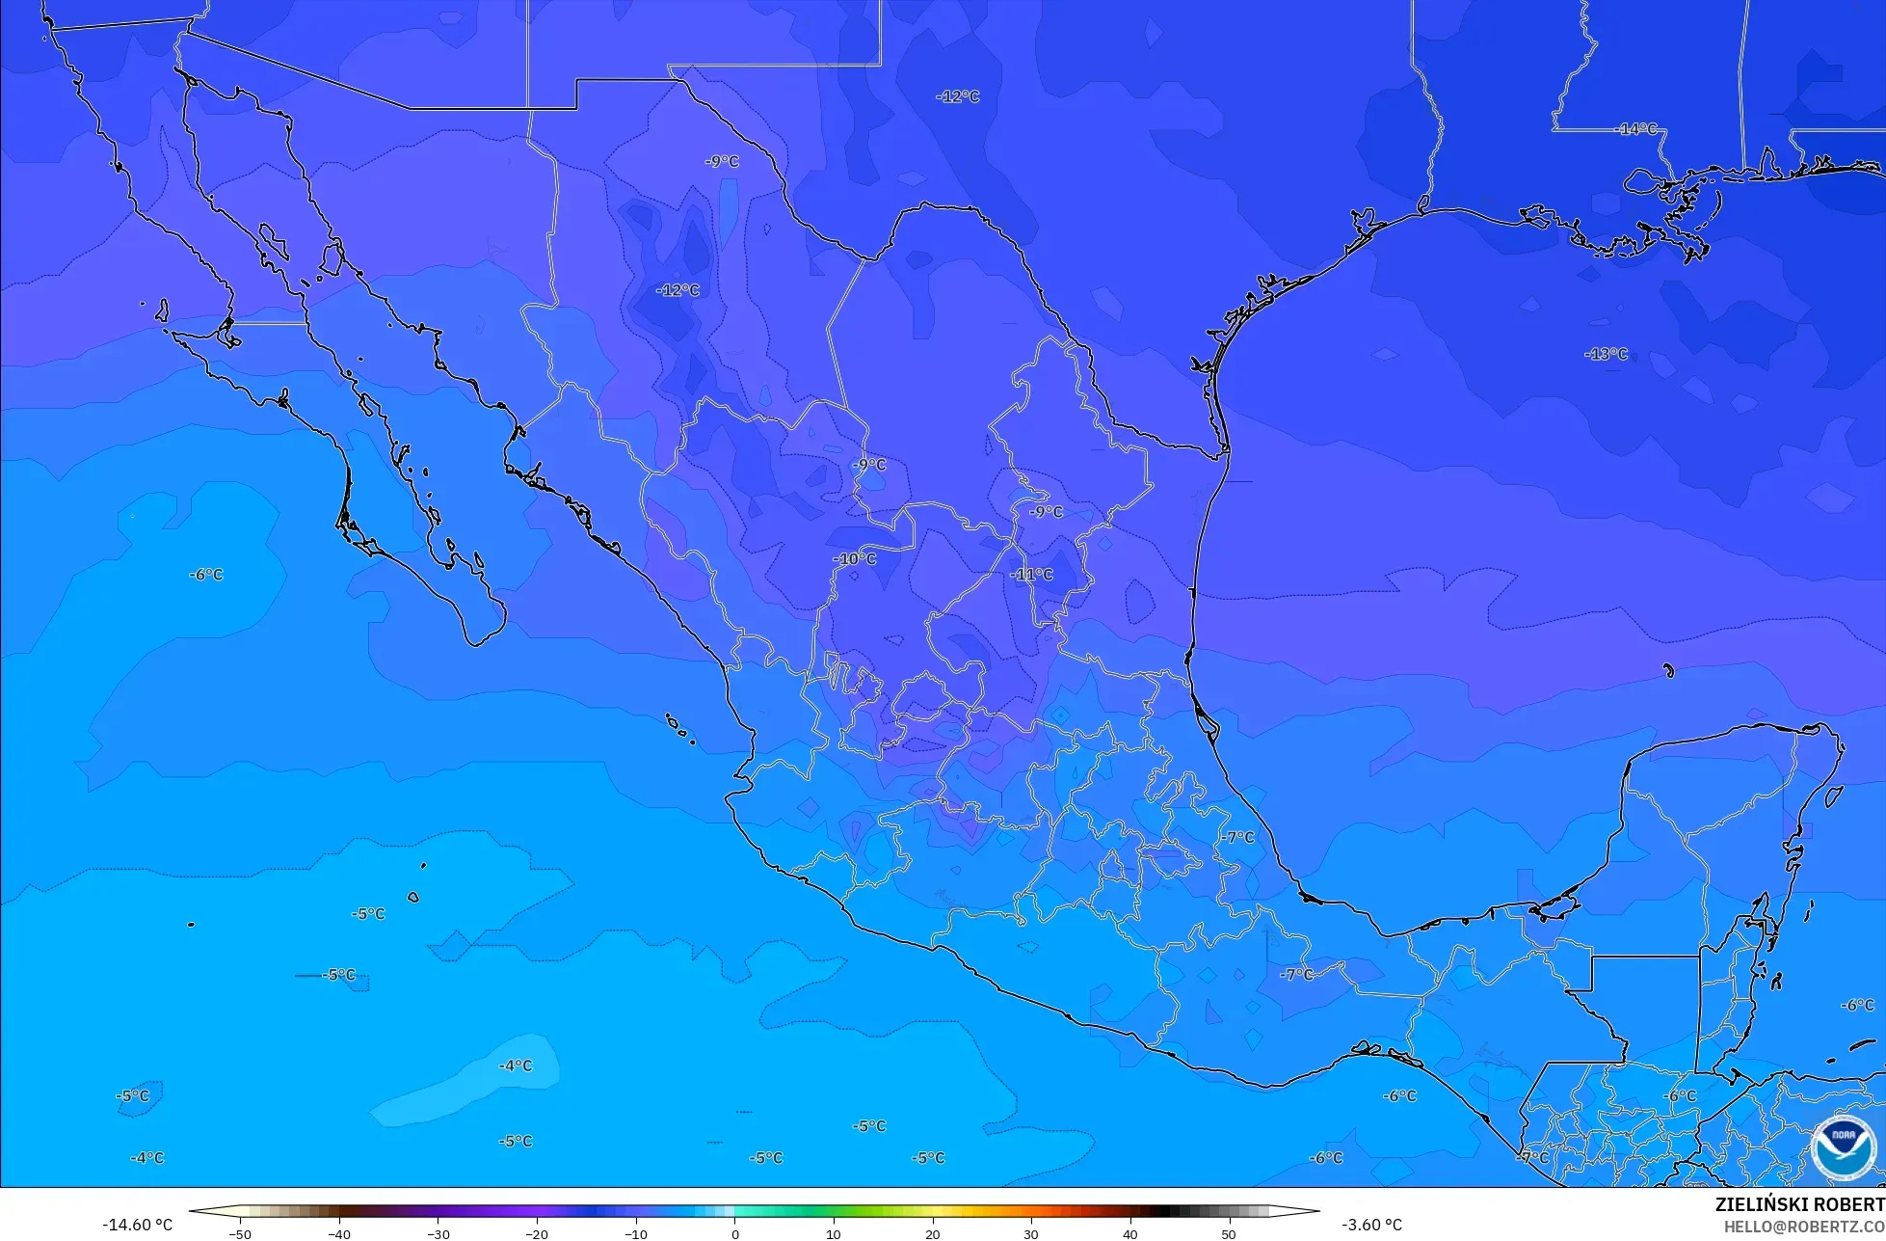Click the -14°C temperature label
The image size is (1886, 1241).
(1636, 129)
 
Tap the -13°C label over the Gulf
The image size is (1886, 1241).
(1606, 354)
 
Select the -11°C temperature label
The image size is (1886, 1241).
(1032, 575)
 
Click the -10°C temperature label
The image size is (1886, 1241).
(855, 559)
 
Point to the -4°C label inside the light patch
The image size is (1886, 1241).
(516, 1066)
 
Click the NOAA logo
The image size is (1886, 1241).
(1843, 1147)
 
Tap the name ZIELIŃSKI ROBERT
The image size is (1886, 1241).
(1799, 1204)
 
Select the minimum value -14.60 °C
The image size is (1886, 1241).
(138, 1225)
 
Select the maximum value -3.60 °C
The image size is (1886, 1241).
(1371, 1225)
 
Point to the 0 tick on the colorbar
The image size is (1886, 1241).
(734, 1234)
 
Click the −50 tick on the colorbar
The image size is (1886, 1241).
(240, 1234)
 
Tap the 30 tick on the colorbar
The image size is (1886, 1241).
(1031, 1234)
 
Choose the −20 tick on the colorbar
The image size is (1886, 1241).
(537, 1234)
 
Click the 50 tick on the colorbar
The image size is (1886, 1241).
(1229, 1234)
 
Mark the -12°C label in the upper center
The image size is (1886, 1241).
(958, 96)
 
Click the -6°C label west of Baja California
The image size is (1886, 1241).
(205, 575)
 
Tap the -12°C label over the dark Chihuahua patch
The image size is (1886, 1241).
(678, 290)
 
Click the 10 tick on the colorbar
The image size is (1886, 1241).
(834, 1234)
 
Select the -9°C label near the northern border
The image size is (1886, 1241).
(722, 162)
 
